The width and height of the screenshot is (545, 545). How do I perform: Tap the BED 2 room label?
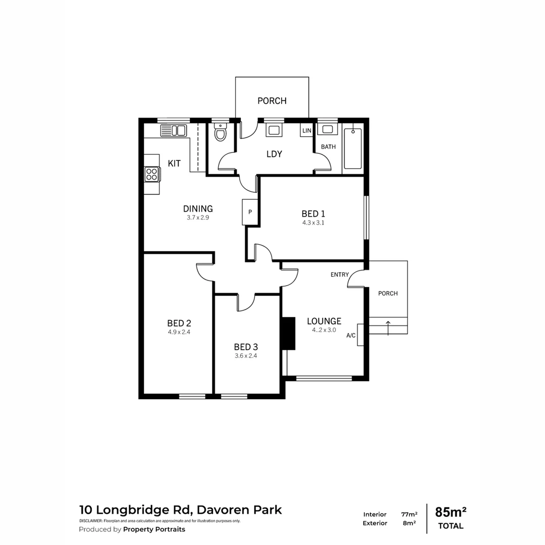[x=179, y=323]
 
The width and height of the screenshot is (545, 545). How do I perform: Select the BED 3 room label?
[x=246, y=347]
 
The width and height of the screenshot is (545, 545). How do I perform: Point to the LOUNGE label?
[x=324, y=321]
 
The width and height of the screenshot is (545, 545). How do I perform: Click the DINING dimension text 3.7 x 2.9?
[x=198, y=218]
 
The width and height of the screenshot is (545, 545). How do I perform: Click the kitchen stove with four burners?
[x=151, y=175]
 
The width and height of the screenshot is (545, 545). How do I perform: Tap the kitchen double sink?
[x=173, y=131]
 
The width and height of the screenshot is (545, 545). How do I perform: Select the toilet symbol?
[x=220, y=134]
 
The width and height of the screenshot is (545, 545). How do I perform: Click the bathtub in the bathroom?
[x=352, y=149]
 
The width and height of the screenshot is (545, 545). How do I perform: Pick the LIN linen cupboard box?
[x=307, y=131]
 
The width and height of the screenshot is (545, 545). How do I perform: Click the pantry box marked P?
[x=250, y=212]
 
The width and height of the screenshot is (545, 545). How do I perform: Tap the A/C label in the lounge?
[x=351, y=335]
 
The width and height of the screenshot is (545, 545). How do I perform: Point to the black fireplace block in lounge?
[x=288, y=333]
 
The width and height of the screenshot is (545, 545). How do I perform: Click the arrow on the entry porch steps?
[x=388, y=327]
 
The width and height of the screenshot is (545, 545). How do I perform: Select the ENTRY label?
[x=340, y=275]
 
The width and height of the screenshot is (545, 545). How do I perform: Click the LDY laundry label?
[x=274, y=154]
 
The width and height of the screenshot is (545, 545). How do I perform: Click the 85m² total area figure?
[x=451, y=512]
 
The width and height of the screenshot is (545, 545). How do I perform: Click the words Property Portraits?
[x=154, y=529]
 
